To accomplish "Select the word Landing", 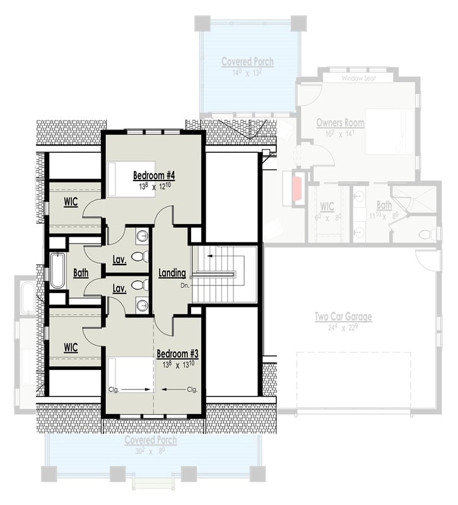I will click(x=172, y=273).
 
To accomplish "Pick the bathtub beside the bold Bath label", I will click(x=57, y=271).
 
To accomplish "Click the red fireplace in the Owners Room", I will click(x=295, y=188).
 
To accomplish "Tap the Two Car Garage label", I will click(x=344, y=317).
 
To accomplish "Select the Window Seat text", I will click(x=357, y=79).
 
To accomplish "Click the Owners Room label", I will click(x=341, y=122).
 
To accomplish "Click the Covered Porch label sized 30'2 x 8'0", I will click(x=150, y=440).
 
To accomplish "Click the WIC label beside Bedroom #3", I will click(x=70, y=347).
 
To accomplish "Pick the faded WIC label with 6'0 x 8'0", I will click(x=327, y=206).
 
